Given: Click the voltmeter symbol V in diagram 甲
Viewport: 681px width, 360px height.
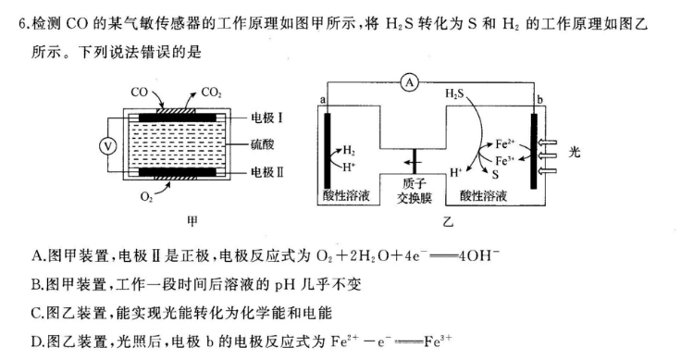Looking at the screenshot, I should point(106,145).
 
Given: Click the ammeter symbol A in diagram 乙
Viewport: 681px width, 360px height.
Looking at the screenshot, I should point(410,82).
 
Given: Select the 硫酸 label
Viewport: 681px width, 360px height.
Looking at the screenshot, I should point(264,145).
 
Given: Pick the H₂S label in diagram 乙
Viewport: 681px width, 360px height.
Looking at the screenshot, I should point(455,94).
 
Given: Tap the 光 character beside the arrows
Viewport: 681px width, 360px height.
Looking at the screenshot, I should point(574,152).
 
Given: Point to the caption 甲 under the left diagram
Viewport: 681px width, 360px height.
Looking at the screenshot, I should point(192,221).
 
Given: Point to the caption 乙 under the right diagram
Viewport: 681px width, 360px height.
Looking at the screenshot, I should point(448,222).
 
